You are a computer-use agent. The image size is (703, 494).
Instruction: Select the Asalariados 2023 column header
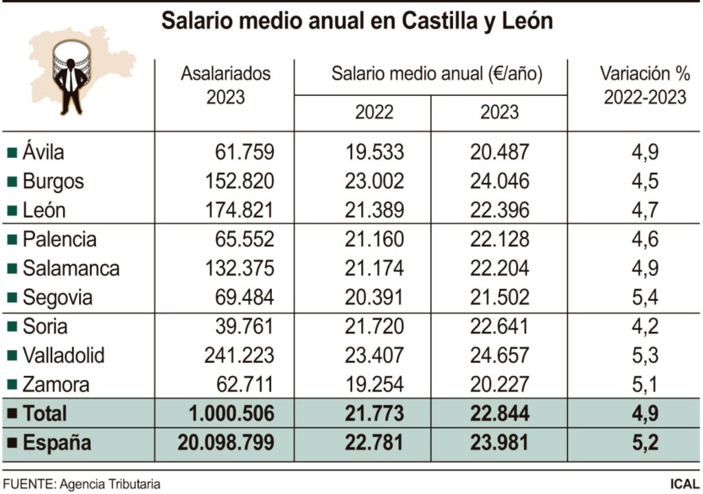point(225,85)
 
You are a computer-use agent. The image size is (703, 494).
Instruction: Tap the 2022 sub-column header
point(373,113)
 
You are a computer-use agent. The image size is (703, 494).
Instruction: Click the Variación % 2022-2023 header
point(644,85)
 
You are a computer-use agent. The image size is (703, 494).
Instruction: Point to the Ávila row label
point(43,152)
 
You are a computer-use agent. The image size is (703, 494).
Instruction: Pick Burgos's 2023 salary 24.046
point(499,181)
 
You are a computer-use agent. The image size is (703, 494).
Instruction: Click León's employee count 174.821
point(239,210)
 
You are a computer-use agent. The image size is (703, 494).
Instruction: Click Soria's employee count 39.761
point(244,327)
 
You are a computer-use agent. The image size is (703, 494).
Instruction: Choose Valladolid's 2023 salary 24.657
point(499,355)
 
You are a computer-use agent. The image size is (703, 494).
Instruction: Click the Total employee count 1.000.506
point(232,414)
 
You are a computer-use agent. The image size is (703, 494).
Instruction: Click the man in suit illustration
point(71,86)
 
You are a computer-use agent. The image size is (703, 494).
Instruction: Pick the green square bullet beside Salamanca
point(12,269)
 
